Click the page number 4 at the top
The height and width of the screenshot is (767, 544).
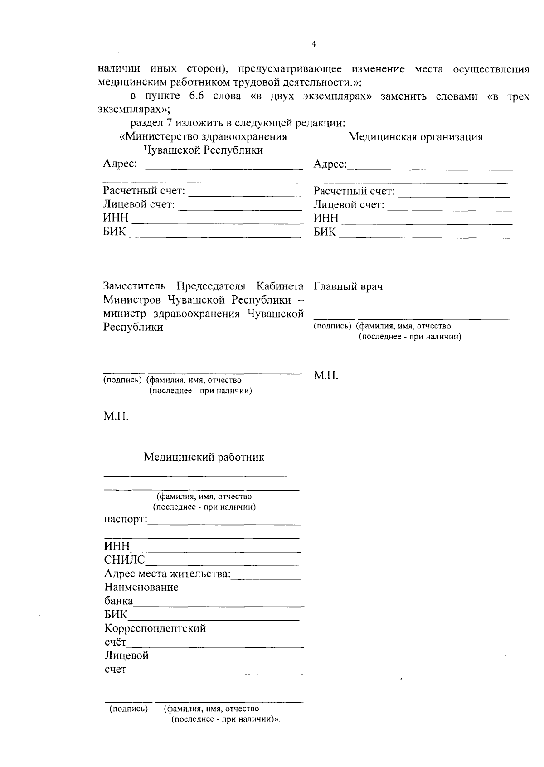tap(314, 44)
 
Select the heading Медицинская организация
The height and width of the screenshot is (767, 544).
tap(415, 137)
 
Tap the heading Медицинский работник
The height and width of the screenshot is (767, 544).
tap(204, 457)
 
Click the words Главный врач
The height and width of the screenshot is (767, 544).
tap(348, 286)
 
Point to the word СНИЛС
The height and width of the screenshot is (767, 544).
tap(125, 560)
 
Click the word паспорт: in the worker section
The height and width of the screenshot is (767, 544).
tap(126, 519)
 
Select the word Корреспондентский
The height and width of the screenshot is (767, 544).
tap(155, 628)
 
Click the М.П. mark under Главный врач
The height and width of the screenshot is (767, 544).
tap(326, 376)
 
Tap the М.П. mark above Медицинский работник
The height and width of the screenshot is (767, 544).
tap(116, 416)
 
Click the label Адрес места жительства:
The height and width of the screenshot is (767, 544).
tap(167, 574)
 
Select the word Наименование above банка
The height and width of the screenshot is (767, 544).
tap(141, 588)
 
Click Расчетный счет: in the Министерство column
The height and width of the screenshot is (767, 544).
tap(144, 191)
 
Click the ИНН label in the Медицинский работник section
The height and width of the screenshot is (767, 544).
tap(117, 546)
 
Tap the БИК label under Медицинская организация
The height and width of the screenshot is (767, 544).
tap(325, 232)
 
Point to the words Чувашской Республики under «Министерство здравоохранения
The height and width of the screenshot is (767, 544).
tap(203, 150)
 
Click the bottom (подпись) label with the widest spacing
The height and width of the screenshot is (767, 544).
tap(129, 709)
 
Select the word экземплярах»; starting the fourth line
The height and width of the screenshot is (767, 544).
tap(134, 110)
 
